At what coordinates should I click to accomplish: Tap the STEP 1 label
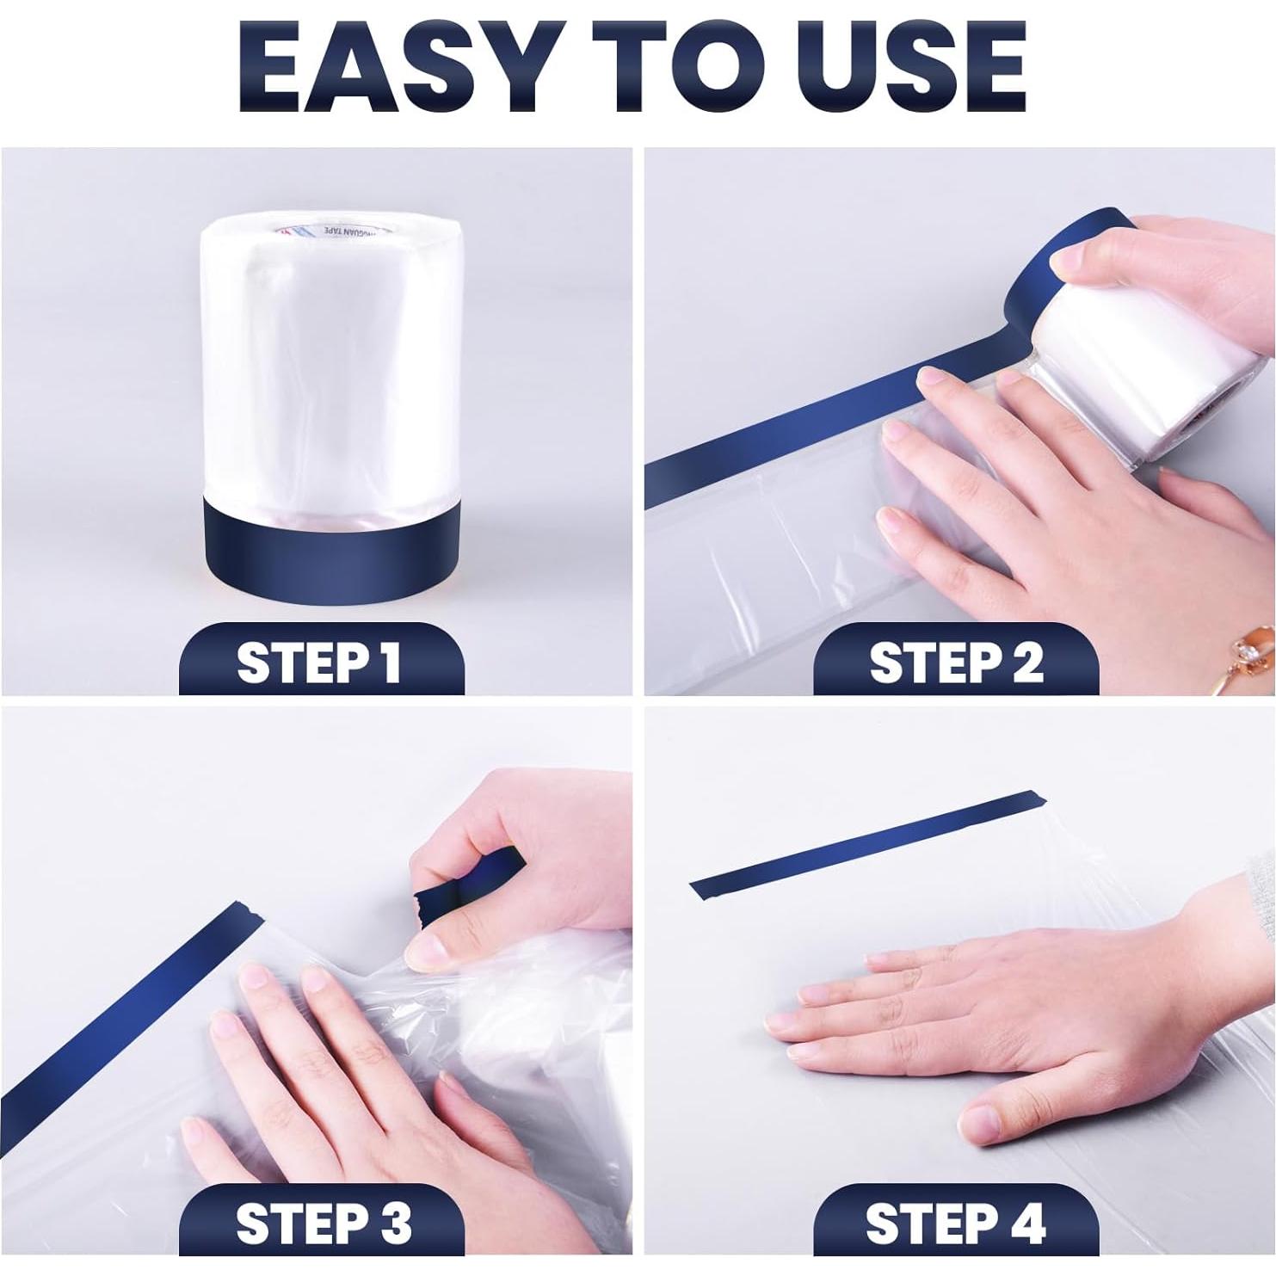(x=320, y=662)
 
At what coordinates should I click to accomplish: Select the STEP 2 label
(x=955, y=662)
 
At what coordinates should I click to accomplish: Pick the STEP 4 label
(x=955, y=1222)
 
